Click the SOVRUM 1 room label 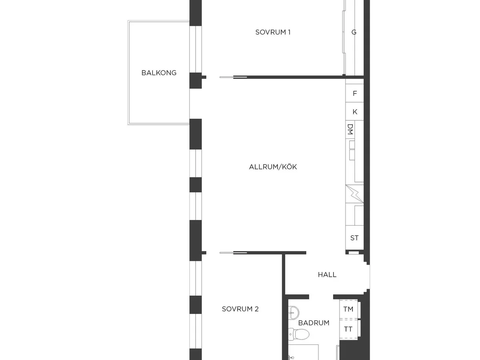pos(273,32)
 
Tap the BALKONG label pos(159,73)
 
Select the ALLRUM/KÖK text pos(273,167)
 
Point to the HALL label pos(327,275)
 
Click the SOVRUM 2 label pos(240,309)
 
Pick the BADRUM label pos(314,323)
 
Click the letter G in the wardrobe pos(354,32)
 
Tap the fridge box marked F pos(354,93)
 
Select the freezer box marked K pos(354,112)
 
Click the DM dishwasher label pos(350,129)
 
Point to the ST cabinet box pos(354,238)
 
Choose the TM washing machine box pos(348,309)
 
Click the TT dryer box pos(348,329)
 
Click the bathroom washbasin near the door pos(293,313)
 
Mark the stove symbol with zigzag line pos(354,194)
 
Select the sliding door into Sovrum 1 pos(233,77)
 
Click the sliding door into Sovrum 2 pos(233,253)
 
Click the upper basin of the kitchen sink pos(352,145)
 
